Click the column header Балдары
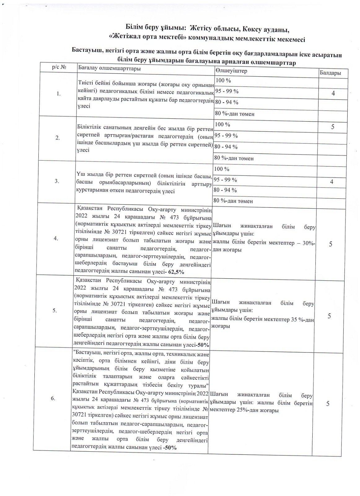click(x=330, y=73)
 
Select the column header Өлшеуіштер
click(x=231, y=71)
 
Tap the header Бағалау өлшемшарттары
click(x=109, y=68)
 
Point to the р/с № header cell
click(x=59, y=67)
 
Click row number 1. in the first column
click(x=59, y=94)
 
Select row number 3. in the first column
click(x=57, y=181)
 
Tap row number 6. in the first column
click(x=53, y=398)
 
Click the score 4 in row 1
click(x=333, y=93)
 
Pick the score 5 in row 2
click(x=333, y=126)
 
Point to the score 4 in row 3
click(x=331, y=182)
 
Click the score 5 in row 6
click(x=328, y=403)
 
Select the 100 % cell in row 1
click(x=223, y=80)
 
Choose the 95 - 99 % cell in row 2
click(x=226, y=135)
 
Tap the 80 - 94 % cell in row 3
click(x=225, y=190)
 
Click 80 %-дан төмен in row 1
click(x=235, y=114)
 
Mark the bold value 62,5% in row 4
click(x=176, y=272)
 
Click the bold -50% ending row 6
click(x=170, y=447)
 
